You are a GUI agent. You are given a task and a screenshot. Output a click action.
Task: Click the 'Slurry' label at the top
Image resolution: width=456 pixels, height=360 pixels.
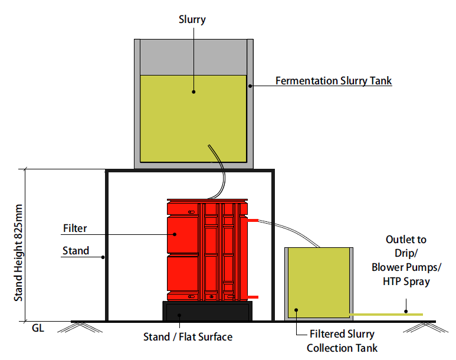click(193, 19)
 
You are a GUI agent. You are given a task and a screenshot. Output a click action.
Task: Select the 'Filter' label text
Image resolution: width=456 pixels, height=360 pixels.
click(74, 228)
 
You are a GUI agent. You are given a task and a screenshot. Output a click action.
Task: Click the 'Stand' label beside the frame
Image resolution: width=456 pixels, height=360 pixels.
click(76, 251)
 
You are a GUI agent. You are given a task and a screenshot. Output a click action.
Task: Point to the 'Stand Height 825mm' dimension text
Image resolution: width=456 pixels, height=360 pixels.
click(19, 253)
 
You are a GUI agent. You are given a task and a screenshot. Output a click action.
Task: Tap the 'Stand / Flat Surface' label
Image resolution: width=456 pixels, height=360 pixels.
click(188, 337)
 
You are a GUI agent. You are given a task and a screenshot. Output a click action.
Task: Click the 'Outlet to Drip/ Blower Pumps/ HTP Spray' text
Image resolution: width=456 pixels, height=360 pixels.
click(406, 261)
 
